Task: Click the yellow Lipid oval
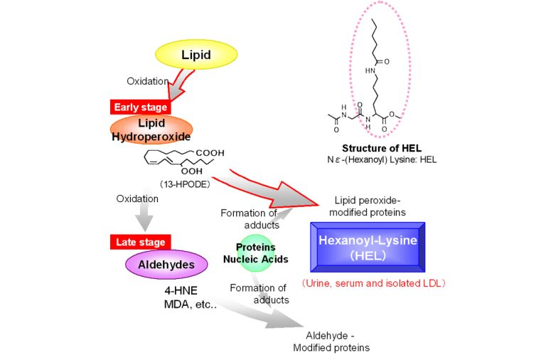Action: (x=196, y=55)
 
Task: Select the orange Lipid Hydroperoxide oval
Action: (x=151, y=129)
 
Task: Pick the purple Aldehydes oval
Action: (x=166, y=265)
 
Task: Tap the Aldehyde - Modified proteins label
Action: (x=331, y=342)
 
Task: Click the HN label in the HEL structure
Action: (x=370, y=70)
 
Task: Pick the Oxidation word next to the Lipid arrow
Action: (x=146, y=80)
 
